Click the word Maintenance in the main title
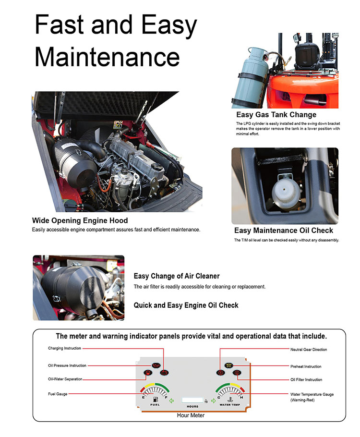(107, 57)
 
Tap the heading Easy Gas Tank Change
(276, 115)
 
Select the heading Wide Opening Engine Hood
(80, 220)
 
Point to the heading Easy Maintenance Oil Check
(283, 231)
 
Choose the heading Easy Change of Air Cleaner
(176, 276)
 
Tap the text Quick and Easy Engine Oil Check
(186, 305)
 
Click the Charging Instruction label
(64, 348)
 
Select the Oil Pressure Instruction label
(67, 366)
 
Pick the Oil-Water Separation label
(65, 379)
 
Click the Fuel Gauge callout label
(58, 394)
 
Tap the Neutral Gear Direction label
(308, 350)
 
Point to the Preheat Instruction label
(306, 366)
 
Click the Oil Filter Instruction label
(306, 380)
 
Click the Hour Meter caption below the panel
(191, 415)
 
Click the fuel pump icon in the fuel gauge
(155, 399)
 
